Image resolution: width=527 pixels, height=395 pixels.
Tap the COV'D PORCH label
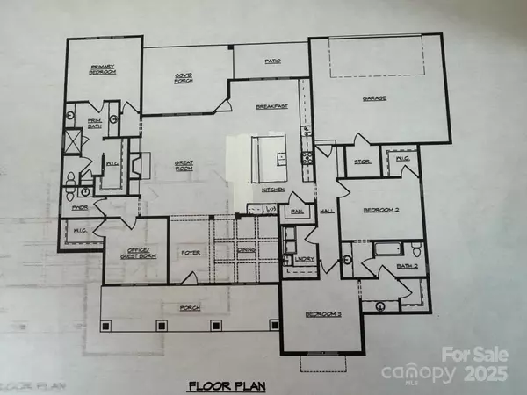point(184,80)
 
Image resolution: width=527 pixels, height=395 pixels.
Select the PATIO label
point(271,61)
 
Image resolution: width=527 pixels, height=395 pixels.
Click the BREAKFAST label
point(271,106)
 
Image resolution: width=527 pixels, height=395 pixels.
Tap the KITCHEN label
point(271,190)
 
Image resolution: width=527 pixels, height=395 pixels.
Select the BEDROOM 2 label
point(372,211)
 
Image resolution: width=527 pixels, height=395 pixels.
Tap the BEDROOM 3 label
point(321,313)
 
